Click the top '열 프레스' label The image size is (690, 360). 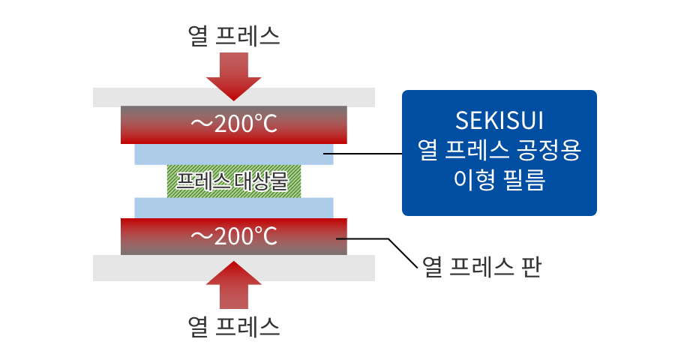pos(234,36)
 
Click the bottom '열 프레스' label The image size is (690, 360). pos(234,325)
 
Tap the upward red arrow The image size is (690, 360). pos(234,285)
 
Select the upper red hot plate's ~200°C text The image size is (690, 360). pos(234,124)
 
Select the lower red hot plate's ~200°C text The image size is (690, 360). pos(234,236)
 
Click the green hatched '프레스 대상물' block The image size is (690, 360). pos(234,181)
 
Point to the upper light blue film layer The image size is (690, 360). pos(234,154)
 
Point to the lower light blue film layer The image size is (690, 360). pos(234,207)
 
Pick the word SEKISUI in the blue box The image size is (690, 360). pos(499,121)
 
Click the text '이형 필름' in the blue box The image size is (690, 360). pos(499,180)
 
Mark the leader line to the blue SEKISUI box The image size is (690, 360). pos(367,154)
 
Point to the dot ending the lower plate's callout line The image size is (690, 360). pos(340,238)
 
